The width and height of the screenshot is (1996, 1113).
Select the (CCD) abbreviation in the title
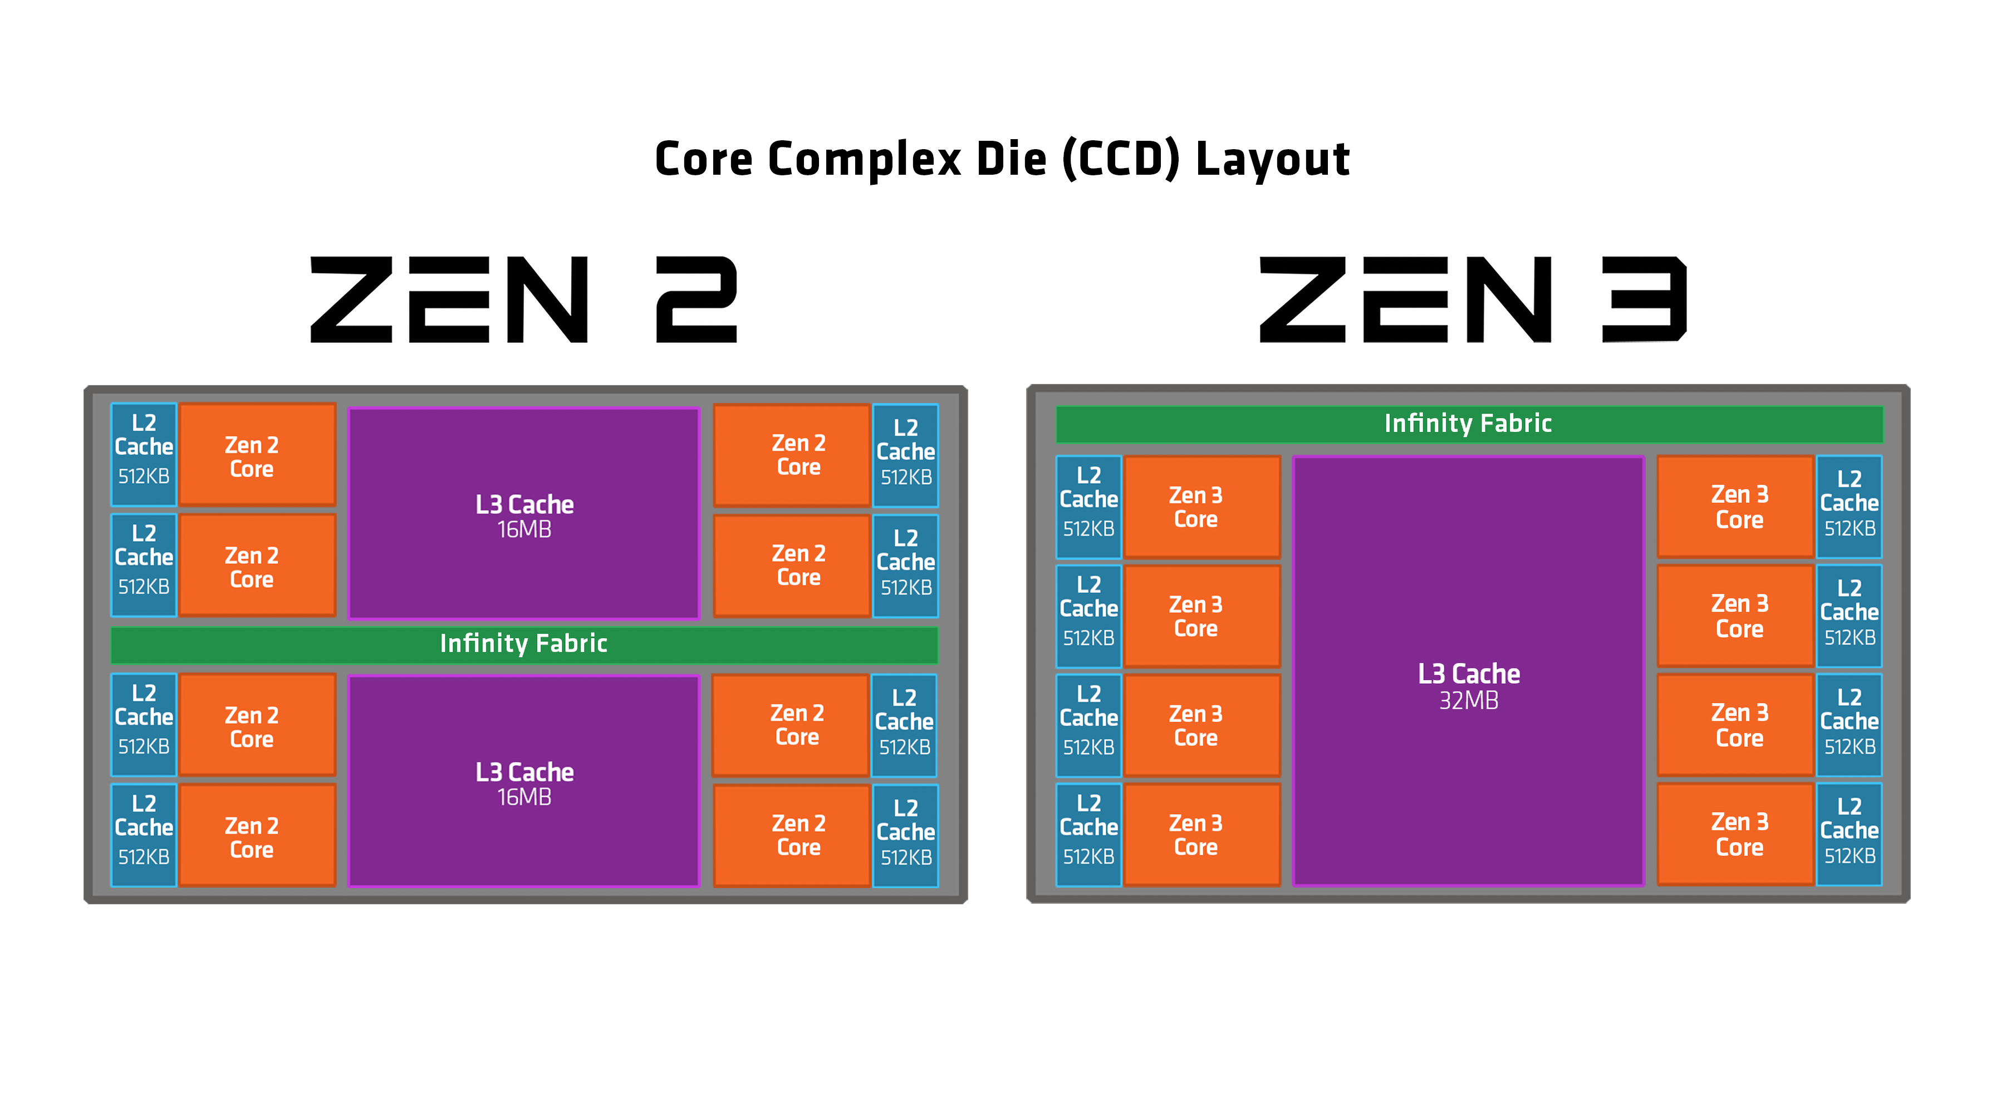point(1120,160)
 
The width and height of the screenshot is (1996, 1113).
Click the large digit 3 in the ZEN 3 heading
point(1644,300)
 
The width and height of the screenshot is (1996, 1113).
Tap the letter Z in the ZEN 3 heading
point(1301,300)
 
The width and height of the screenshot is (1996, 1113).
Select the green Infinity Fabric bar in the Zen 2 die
point(524,644)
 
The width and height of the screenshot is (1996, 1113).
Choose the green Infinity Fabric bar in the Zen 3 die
point(1468,423)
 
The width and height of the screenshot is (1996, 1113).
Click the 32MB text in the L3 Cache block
point(1468,701)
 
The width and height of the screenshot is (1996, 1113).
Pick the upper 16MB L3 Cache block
point(524,514)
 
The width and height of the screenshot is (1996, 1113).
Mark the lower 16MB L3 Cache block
point(524,781)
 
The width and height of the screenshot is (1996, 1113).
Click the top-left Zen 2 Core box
point(257,455)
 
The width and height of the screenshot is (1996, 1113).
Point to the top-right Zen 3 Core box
point(1735,506)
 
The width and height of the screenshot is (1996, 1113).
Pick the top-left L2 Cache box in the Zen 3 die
point(1088,506)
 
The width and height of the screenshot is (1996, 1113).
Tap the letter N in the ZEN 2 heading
point(548,300)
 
